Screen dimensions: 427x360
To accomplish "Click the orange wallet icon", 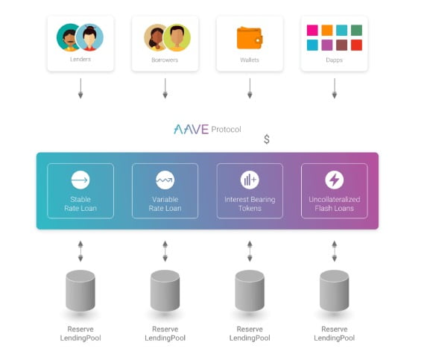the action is pyautogui.click(x=250, y=37).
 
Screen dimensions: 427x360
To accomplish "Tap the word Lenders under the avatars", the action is pyautogui.click(x=80, y=59).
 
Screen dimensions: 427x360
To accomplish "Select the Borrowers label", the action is pyautogui.click(x=165, y=60).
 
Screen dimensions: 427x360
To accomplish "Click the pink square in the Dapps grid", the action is pyautogui.click(x=312, y=31).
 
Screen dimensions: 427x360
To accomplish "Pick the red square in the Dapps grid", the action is pyautogui.click(x=356, y=45).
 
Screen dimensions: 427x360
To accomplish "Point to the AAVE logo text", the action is pyautogui.click(x=192, y=130).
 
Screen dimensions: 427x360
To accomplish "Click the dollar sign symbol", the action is pyautogui.click(x=267, y=139).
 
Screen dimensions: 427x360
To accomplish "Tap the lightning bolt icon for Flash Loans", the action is pyautogui.click(x=334, y=180).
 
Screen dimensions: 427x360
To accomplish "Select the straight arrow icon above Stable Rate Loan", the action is pyautogui.click(x=80, y=180).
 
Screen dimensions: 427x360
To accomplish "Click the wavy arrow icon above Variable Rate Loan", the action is pyautogui.click(x=165, y=180).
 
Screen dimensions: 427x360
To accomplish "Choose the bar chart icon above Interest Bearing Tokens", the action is pyautogui.click(x=250, y=180).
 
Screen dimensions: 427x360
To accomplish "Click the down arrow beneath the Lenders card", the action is pyautogui.click(x=80, y=88).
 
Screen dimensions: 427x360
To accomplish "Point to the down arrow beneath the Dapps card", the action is pyautogui.click(x=335, y=88).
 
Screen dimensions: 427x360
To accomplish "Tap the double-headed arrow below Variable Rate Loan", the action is pyautogui.click(x=165, y=251).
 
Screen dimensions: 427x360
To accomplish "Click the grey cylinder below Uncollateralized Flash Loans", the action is pyautogui.click(x=334, y=291).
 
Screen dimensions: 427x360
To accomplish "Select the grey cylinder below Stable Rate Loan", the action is pyautogui.click(x=80, y=291).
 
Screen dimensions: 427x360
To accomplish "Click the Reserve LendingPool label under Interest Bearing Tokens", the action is pyautogui.click(x=250, y=334).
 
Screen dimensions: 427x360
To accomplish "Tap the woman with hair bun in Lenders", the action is pyautogui.click(x=89, y=37).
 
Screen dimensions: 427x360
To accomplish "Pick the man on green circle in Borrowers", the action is pyautogui.click(x=177, y=37).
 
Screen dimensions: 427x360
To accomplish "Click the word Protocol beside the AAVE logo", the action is pyautogui.click(x=226, y=130).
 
